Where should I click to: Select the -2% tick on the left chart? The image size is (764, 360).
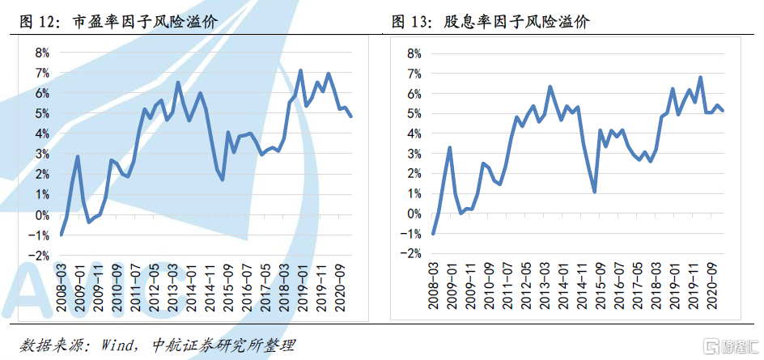pos(37,256)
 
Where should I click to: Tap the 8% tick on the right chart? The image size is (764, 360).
pos(411,53)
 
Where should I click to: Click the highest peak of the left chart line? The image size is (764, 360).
pos(300,70)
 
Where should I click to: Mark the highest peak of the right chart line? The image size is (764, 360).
pos(700,78)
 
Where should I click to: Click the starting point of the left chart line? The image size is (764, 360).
pos(62,235)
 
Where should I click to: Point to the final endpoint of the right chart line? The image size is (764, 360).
pos(723,111)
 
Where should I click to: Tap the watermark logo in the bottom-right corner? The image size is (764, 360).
pos(725,345)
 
